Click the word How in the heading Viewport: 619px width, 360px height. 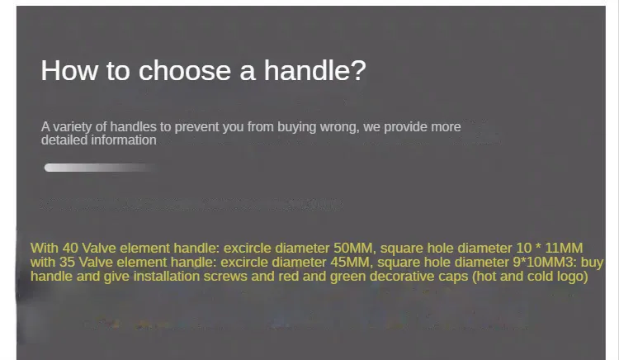(x=69, y=71)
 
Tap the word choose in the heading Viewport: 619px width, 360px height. (x=184, y=71)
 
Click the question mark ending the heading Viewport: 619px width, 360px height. (x=358, y=70)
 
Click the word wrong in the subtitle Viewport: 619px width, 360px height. (x=339, y=127)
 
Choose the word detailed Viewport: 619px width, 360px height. (x=64, y=140)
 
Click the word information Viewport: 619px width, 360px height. (x=124, y=140)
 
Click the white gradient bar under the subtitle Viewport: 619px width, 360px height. (x=101, y=168)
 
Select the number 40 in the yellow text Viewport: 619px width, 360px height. (x=70, y=249)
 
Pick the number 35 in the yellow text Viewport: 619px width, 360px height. (x=67, y=263)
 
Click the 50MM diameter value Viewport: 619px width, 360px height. (x=353, y=249)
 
